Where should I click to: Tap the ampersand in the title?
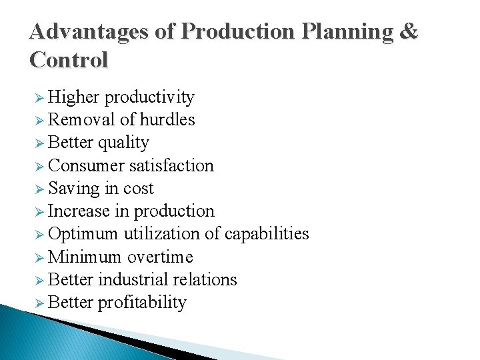pos(409,32)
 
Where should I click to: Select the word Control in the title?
pos(69,61)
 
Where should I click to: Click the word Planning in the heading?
pos(341,32)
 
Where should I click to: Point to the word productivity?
pos(150,97)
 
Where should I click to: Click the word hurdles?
pos(167,120)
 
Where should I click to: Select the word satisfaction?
pos(171,165)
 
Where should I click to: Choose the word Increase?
pos(79,211)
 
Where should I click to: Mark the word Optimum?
pos(83,234)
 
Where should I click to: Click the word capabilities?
pos(267,234)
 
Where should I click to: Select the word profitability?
pos(142,303)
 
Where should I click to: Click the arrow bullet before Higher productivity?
pos(39,98)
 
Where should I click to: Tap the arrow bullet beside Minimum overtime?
pos(39,257)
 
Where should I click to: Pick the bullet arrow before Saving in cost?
pos(39,189)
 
